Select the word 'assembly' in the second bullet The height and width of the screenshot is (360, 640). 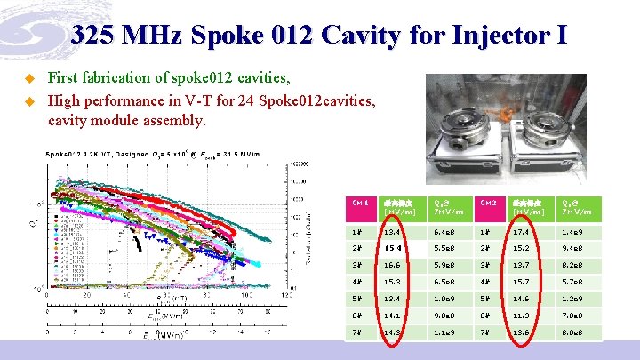coord(176,119)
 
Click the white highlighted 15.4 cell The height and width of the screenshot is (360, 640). coord(394,248)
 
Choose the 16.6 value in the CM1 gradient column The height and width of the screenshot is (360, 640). coord(394,265)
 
